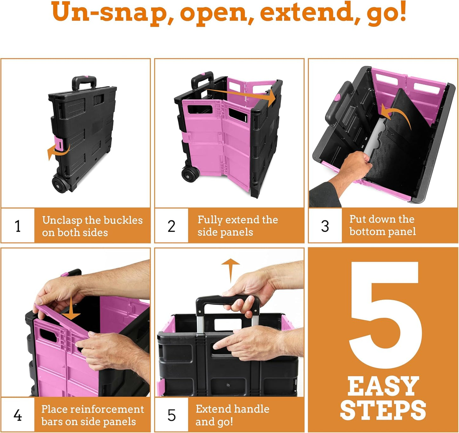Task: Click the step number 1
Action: click(x=18, y=226)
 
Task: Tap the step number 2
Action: click(x=172, y=226)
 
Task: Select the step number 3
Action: click(x=325, y=226)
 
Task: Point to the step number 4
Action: click(x=18, y=415)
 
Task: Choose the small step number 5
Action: click(x=172, y=415)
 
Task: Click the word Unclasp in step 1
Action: click(x=62, y=220)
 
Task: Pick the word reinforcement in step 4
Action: click(x=107, y=409)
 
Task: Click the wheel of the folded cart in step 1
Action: click(x=59, y=184)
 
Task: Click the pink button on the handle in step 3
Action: click(x=338, y=97)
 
